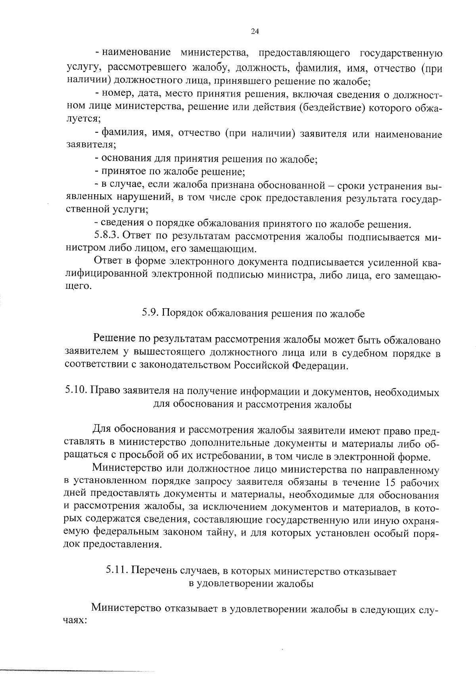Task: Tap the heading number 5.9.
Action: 151,313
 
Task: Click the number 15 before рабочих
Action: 391,483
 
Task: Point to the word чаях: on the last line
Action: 76,621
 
